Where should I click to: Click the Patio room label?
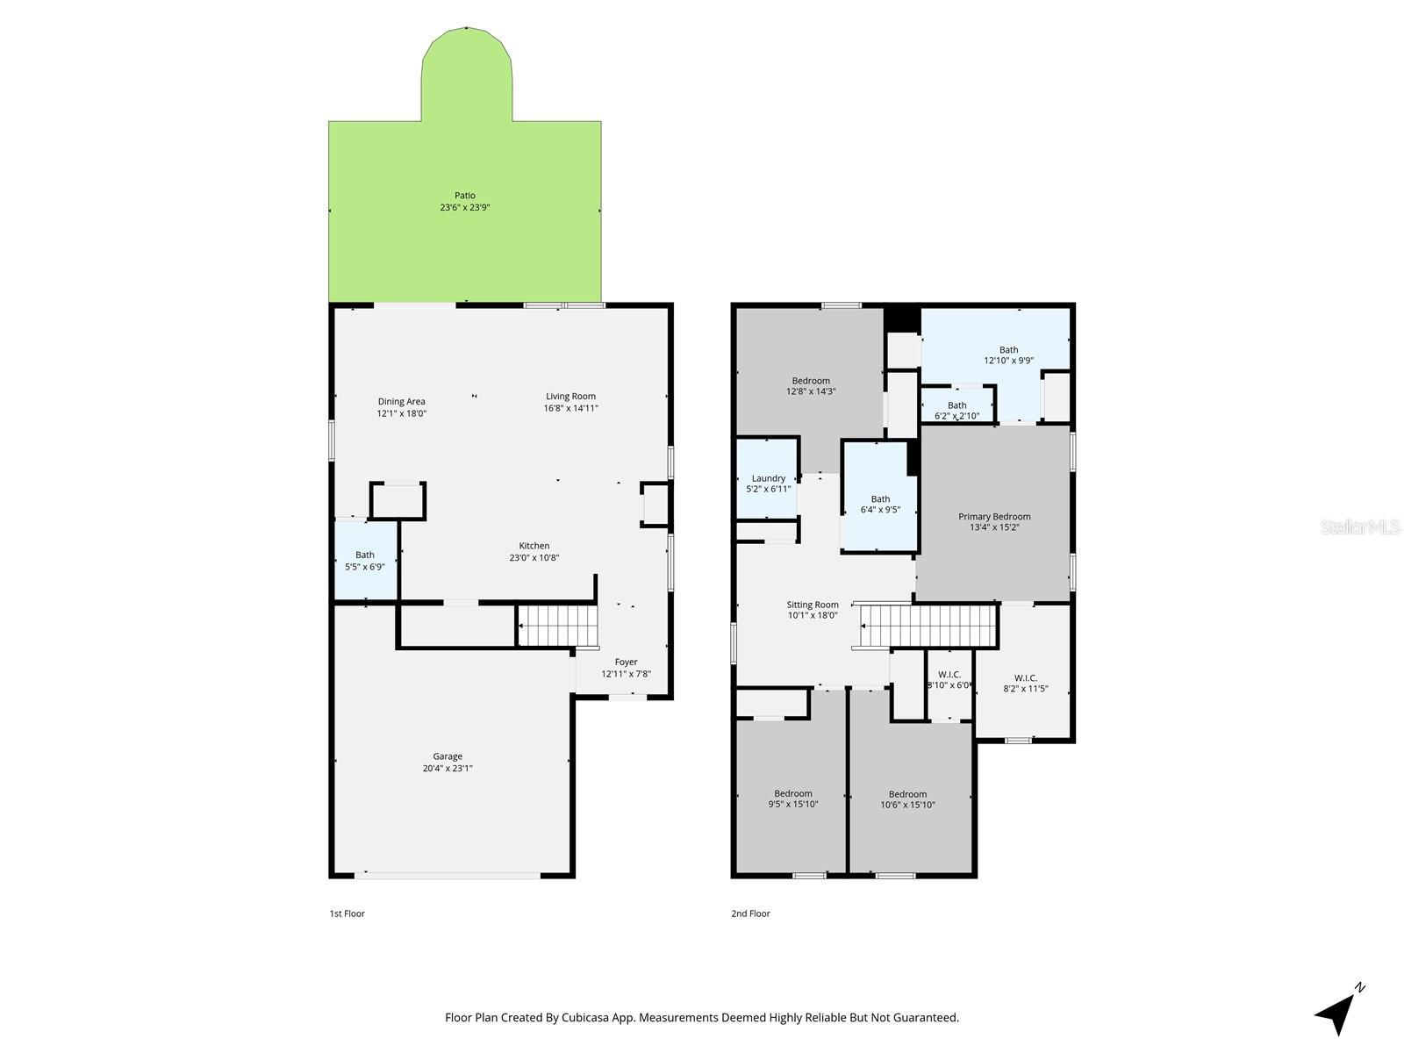[465, 196]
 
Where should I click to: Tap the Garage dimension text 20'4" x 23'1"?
[448, 769]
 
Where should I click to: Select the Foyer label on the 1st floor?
[626, 663]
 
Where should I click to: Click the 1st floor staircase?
[557, 625]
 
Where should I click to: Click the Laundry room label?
[769, 478]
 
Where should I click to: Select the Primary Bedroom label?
[994, 517]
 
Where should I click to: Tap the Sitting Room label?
[813, 605]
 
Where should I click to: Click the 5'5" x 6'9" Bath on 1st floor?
[365, 561]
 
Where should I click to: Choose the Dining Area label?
[402, 402]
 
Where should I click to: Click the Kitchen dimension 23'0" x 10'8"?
[534, 558]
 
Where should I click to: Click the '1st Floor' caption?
[347, 913]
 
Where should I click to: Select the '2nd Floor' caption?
[750, 913]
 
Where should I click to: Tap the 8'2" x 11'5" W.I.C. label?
[1026, 677]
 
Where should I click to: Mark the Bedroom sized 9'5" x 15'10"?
[793, 799]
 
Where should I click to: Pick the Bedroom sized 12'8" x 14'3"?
[811, 386]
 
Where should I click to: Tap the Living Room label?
[571, 397]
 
